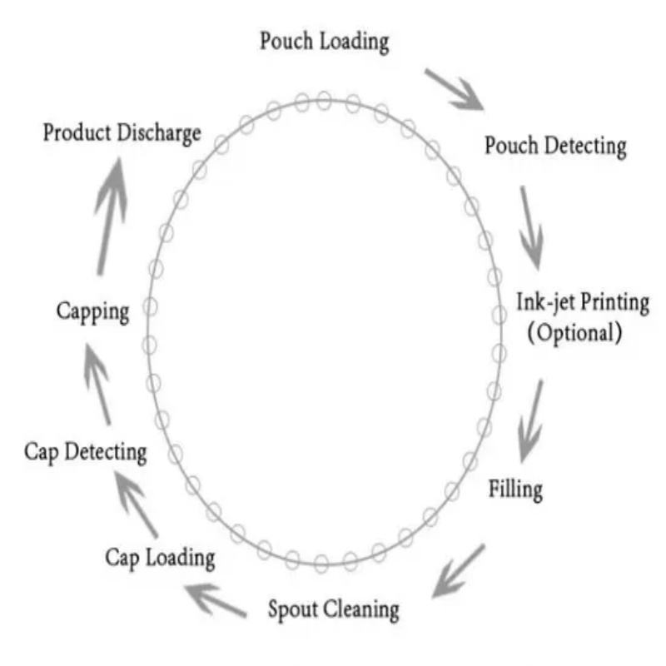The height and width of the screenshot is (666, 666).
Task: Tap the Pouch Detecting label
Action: pos(555,147)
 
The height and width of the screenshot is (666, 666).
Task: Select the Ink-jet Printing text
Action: pos(583,302)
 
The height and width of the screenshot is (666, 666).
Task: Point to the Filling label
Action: pos(515,489)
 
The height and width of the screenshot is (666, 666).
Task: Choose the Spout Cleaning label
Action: pos(333,609)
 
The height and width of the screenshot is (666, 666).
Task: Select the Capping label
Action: pos(92,312)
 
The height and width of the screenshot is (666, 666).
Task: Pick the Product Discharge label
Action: pos(122,132)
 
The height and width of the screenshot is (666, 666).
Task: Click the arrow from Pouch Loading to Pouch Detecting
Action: pos(454,90)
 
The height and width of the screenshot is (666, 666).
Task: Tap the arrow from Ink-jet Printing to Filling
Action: pos(530,420)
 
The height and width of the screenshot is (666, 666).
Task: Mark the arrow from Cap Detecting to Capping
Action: pos(97,384)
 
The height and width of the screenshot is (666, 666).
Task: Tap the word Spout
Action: pos(292,609)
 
